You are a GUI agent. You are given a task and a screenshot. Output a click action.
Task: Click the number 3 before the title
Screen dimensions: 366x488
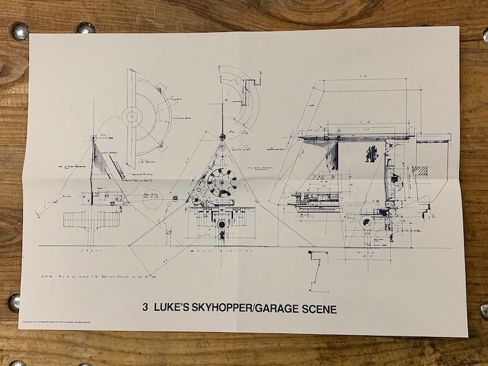click(x=145, y=310)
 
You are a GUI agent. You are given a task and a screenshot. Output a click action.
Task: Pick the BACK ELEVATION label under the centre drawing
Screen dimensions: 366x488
click(x=211, y=251)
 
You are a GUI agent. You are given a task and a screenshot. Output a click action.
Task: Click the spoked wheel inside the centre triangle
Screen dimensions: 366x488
click(x=222, y=181)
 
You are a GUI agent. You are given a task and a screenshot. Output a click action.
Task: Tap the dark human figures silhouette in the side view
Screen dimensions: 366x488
click(x=371, y=153)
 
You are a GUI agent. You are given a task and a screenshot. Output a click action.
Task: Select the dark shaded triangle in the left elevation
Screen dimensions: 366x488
click(x=99, y=161)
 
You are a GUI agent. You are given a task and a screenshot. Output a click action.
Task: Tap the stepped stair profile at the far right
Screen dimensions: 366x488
click(x=428, y=212)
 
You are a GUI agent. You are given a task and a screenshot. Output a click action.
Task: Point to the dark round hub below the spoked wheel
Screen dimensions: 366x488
click(x=221, y=224)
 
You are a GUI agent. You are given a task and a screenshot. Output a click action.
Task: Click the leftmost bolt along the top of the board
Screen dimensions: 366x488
click(x=20, y=31)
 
